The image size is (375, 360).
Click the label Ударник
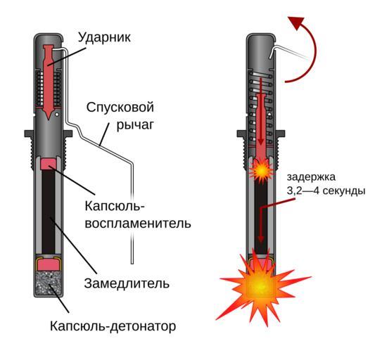tap(104, 37)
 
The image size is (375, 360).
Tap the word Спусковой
tap(120, 107)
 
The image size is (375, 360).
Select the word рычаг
tap(135, 124)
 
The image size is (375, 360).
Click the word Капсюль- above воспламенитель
tap(115, 205)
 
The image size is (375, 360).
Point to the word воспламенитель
tap(138, 224)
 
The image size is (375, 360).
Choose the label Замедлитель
tap(127, 283)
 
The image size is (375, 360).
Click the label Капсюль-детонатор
tap(113, 326)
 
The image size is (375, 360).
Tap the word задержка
tap(311, 177)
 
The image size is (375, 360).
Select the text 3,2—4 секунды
tap(326, 191)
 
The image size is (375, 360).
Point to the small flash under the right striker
tap(262, 170)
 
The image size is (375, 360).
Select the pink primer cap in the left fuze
tap(49, 164)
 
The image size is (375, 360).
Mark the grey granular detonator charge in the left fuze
tap(49, 283)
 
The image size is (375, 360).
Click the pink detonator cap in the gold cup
tap(49, 265)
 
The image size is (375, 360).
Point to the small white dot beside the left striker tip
tap(57, 115)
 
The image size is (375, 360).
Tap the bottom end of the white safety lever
tap(132, 263)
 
